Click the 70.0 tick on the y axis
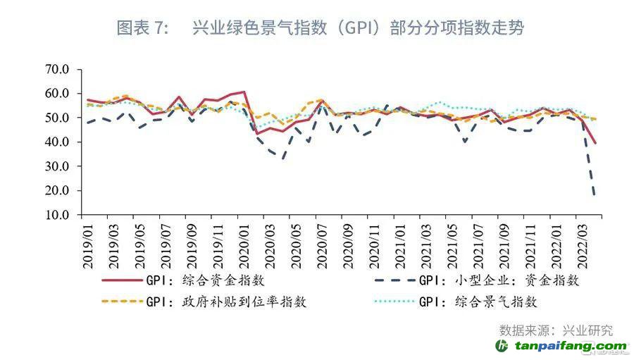pyautogui.click(x=56, y=69)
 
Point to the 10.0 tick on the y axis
pyautogui.click(x=56, y=215)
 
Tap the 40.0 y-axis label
pyautogui.click(x=56, y=142)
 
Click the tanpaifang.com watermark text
pyautogui.click(x=571, y=346)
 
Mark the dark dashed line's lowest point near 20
pyautogui.click(x=596, y=194)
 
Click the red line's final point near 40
pyautogui.click(x=596, y=143)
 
